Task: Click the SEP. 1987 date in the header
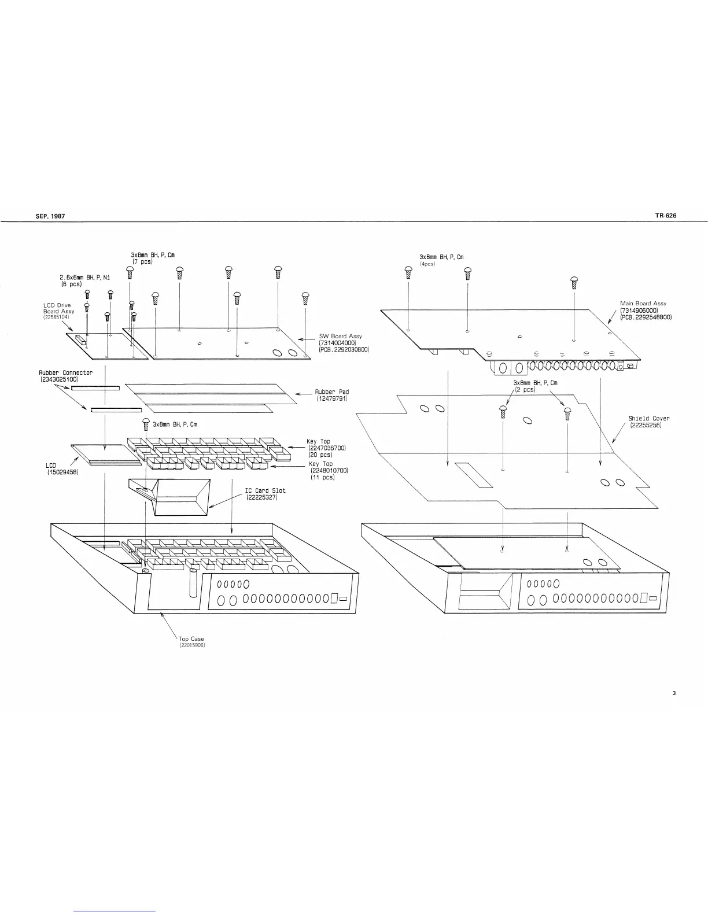pos(51,216)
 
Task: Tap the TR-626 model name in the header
pos(665,216)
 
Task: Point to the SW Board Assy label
pos(341,336)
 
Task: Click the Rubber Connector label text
pos(65,373)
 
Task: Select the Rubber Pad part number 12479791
pos(331,399)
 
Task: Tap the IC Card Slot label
pos(265,490)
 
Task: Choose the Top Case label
pos(191,639)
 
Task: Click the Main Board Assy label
pos(643,303)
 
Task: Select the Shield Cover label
pos(649,419)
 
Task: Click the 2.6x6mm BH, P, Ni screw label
pos(85,278)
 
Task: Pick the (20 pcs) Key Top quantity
pos(320,455)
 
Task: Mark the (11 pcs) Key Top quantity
pos(322,477)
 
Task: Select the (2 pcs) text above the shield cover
pos(526,390)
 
